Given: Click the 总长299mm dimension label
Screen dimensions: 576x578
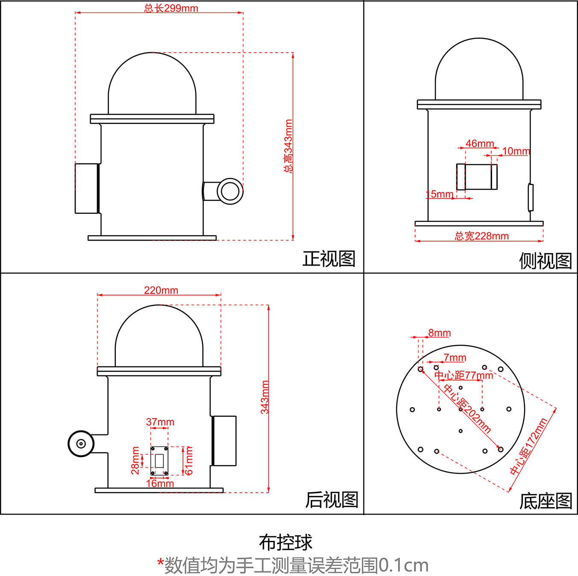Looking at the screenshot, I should (x=171, y=8).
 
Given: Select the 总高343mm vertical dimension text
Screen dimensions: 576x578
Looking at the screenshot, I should (x=289, y=146).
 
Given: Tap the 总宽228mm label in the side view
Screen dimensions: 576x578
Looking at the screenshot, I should (x=481, y=236).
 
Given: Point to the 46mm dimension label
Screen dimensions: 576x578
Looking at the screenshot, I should (x=480, y=144).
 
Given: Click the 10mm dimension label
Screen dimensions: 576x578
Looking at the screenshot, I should (x=516, y=151).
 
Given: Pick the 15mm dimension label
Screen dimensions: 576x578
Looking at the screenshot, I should (x=439, y=194).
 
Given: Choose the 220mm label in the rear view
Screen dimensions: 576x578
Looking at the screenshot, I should (x=161, y=290).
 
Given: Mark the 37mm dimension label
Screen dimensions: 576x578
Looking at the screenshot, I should (x=160, y=422).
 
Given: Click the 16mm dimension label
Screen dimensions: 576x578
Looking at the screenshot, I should (x=160, y=484).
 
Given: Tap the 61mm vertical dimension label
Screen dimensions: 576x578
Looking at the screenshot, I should (x=189, y=461).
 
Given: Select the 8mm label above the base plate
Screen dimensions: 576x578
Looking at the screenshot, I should (x=439, y=333).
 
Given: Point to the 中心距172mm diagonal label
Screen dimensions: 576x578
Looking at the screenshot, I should (x=529, y=447).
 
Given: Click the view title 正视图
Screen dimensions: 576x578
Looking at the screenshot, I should (x=329, y=259).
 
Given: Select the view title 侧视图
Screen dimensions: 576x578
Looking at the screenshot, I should (x=545, y=261).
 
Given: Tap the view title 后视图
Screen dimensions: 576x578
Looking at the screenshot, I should (x=331, y=500).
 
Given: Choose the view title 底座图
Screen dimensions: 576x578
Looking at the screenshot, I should (x=545, y=501).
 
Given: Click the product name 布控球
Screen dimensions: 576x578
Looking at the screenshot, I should (x=286, y=543).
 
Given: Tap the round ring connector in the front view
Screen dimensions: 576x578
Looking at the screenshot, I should (x=230, y=191).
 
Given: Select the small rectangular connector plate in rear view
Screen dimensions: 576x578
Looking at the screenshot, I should (x=159, y=461).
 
